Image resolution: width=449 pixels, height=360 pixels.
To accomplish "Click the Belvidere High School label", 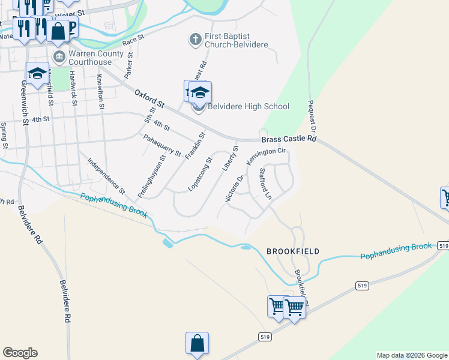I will [249, 107].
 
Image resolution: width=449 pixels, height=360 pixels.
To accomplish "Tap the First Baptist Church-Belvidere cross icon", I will [195, 40].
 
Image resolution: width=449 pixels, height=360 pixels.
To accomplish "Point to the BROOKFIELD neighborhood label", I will [293, 251].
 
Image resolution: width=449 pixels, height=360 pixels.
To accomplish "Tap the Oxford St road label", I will [150, 99].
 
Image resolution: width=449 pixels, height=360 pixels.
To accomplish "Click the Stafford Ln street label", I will [265, 184].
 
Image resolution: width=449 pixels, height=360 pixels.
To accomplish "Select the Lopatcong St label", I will [200, 175].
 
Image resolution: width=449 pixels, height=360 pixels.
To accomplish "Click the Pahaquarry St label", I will [162, 145].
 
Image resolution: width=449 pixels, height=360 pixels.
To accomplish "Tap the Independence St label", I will [106, 176].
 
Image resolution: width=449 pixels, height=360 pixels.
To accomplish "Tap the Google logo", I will [20, 353].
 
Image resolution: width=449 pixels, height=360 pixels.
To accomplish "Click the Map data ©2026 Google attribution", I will [411, 355].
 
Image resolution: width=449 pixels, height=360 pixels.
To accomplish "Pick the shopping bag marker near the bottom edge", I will [197, 344].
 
